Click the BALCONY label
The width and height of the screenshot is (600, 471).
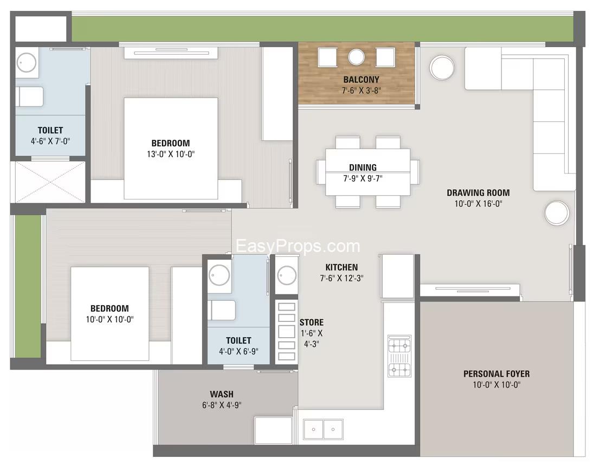pyautogui.click(x=361, y=80)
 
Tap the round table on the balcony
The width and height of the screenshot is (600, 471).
pyautogui.click(x=356, y=57)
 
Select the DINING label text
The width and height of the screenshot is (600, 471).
pyautogui.click(x=363, y=167)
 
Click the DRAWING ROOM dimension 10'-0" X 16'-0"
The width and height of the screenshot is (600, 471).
pyautogui.click(x=478, y=204)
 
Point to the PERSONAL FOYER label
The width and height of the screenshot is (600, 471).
pyautogui.click(x=496, y=374)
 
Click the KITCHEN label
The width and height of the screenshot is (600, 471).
pyautogui.click(x=341, y=267)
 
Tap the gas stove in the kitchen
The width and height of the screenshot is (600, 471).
pyautogui.click(x=399, y=356)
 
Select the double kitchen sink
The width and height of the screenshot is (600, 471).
pyautogui.click(x=324, y=429)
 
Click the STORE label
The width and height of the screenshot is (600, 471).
pyautogui.click(x=312, y=322)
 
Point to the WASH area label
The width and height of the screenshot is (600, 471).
pyautogui.click(x=222, y=393)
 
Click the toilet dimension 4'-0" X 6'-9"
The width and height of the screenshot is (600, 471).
pyautogui.click(x=238, y=351)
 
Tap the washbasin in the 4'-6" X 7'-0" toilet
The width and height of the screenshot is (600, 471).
pyautogui.click(x=26, y=62)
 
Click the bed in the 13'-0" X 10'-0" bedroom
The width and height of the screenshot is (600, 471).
pyautogui.click(x=171, y=149)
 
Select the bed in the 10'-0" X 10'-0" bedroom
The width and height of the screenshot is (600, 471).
pyautogui.click(x=109, y=314)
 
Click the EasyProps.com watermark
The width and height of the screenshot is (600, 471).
pyautogui.click(x=298, y=246)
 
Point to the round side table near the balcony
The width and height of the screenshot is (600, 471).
pyautogui.click(x=442, y=68)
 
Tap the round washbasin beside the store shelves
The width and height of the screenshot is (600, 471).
pyautogui.click(x=286, y=275)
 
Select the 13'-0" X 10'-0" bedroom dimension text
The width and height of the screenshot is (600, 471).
pyautogui.click(x=171, y=154)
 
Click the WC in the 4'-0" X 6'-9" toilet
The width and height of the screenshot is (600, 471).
pyautogui.click(x=221, y=310)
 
